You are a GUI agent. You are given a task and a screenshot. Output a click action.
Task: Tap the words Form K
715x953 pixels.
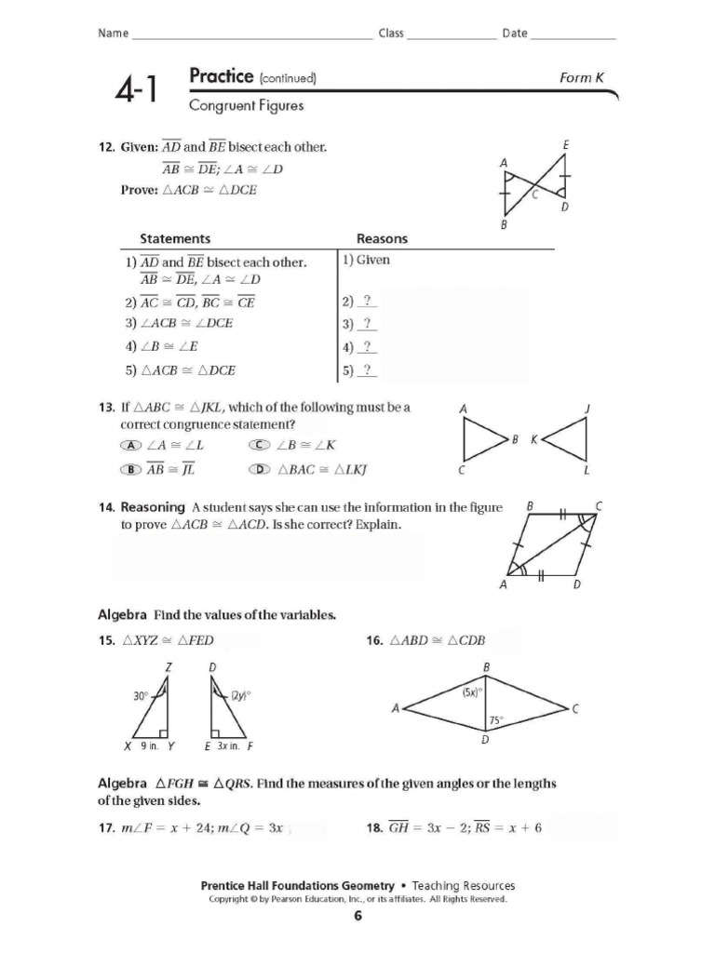point(582,77)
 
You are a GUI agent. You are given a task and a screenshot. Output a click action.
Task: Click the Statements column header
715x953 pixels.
point(175,239)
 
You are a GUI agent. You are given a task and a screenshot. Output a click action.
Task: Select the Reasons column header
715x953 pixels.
point(382,239)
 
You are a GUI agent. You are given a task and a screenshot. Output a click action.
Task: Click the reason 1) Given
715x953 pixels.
point(366,260)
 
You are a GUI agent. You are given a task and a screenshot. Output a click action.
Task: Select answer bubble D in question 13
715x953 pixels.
point(260,470)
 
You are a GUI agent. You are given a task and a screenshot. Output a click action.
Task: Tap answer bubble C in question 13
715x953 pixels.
point(260,446)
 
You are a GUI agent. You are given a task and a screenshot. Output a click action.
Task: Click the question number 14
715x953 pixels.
point(105,507)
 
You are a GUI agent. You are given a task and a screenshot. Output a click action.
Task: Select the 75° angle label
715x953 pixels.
point(496,719)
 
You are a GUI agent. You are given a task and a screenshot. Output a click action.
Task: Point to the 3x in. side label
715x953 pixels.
point(229,746)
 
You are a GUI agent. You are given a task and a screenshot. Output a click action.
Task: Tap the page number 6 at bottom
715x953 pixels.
point(357,917)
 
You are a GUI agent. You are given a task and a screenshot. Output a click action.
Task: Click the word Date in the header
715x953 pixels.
point(515,34)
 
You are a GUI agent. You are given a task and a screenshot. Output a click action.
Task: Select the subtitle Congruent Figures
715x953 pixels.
point(247,105)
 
